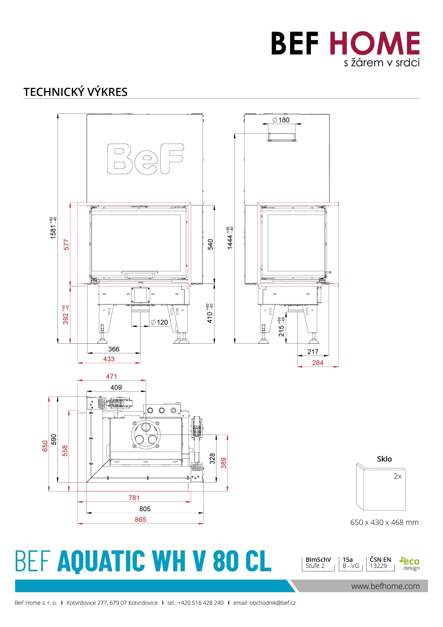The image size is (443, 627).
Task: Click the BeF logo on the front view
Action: pos(145,159)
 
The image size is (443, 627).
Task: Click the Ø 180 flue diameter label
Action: pos(281,120)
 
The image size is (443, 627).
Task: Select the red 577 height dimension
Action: pos(66,244)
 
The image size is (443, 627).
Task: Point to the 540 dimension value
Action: pos(210,244)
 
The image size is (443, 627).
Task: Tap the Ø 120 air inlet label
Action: pos(159,322)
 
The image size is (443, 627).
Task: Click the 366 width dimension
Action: pos(114,349)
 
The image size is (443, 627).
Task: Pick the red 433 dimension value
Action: pos(109,359)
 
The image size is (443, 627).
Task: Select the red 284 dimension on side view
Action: pos(318,363)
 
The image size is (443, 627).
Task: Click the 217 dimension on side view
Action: pos(313,352)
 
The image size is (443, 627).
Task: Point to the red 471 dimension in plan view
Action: pos(111,376)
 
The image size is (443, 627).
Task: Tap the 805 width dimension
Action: pos(145,509)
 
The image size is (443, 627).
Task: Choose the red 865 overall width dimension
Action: pos(140,519)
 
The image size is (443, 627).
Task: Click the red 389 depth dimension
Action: pos(224,463)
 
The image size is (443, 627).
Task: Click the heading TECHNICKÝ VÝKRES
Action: pos(75,92)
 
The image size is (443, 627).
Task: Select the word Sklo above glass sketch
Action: pos(384,459)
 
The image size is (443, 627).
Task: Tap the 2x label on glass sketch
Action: pos(397,476)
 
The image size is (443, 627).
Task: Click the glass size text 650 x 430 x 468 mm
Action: pos(384,522)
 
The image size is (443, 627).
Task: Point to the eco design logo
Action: pos(410,563)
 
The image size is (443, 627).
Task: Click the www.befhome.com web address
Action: pos(385,586)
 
